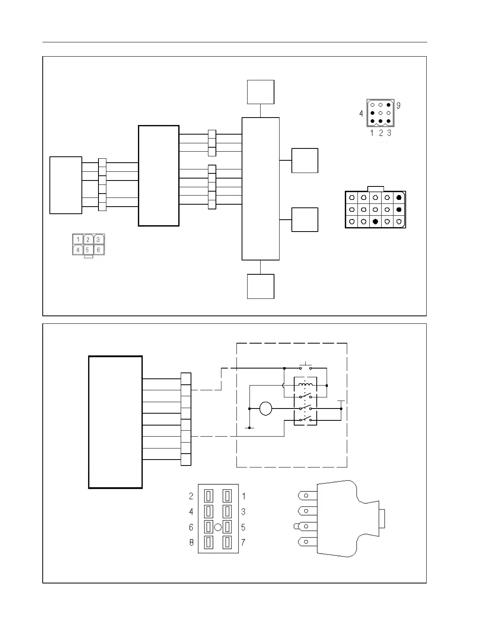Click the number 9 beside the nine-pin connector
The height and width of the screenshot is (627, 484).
point(398,106)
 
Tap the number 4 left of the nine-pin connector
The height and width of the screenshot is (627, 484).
point(361,114)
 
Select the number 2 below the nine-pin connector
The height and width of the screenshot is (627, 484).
point(381,133)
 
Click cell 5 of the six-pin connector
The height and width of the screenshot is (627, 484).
point(87,250)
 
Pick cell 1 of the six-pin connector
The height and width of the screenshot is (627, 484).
point(78,239)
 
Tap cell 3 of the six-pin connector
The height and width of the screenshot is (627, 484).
point(98,239)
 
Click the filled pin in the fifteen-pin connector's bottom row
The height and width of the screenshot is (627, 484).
point(375,221)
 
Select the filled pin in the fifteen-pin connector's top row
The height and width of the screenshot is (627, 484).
point(399,197)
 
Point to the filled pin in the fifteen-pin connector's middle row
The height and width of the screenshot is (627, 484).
point(399,209)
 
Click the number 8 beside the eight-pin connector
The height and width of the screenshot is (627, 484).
point(191,542)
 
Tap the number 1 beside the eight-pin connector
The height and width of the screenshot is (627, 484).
point(244,496)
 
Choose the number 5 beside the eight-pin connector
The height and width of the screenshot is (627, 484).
point(243,527)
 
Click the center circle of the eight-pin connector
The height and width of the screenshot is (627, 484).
point(217,527)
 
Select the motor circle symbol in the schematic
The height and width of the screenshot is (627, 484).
point(266,408)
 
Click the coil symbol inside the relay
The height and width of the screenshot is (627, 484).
point(305,385)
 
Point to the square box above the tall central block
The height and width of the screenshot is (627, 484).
point(261,92)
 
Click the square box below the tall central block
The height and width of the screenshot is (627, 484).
point(261,286)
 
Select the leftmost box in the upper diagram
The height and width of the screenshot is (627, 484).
point(66,185)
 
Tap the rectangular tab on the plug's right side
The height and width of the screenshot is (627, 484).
point(382,519)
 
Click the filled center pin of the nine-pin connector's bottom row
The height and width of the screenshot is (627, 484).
point(380,121)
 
